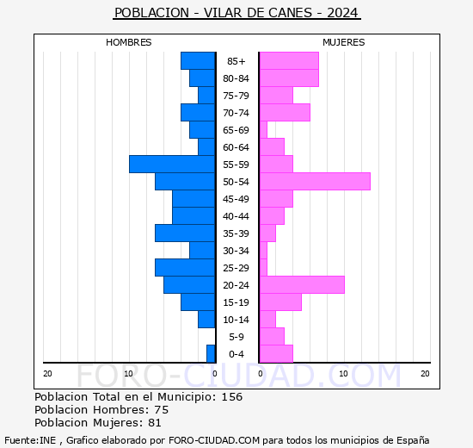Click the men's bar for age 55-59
172,164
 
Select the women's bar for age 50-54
315,181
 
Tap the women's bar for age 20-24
302,284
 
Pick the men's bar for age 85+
198,60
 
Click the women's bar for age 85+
289,60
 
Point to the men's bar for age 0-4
211,353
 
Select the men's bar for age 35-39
185,233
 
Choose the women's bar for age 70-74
285,112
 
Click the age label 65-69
236,130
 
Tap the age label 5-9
236,337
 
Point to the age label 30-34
236,251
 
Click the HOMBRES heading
129,42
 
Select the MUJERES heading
344,42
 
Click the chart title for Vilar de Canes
236,14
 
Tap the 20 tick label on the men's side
48,373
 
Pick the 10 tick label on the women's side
343,373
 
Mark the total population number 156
231,397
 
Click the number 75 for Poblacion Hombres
161,410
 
